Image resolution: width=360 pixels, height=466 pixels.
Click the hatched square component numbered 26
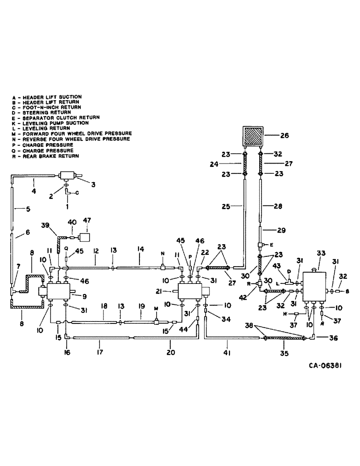(x=251, y=136)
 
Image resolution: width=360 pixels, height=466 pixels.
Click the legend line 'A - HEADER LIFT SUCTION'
(x=47, y=97)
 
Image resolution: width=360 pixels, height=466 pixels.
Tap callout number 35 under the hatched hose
(x=284, y=354)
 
